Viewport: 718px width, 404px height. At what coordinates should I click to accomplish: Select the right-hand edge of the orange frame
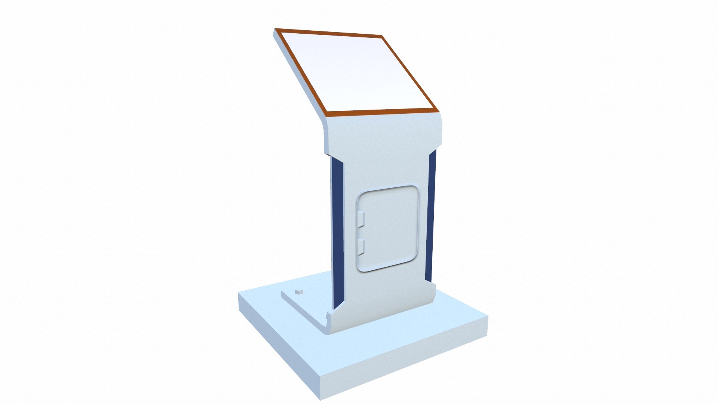pyautogui.click(x=409, y=73)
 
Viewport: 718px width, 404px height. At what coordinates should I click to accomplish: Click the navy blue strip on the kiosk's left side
pyautogui.click(x=337, y=232)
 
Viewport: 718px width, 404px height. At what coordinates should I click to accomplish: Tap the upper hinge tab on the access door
pyautogui.click(x=361, y=220)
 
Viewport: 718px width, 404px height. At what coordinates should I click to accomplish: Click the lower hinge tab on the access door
pyautogui.click(x=361, y=246)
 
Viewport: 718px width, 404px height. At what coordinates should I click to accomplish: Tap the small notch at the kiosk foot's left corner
pyautogui.click(x=328, y=316)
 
